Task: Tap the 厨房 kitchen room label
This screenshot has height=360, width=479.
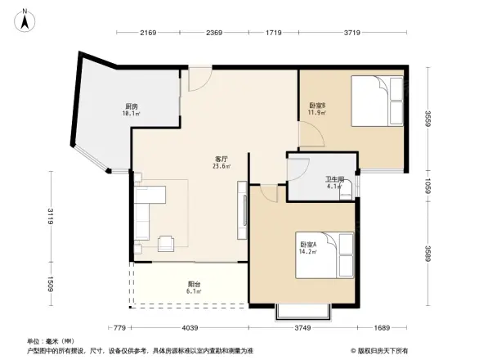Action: click(132, 106)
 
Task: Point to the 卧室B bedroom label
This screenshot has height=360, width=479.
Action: click(318, 105)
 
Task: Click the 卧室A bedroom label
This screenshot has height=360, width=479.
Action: click(308, 243)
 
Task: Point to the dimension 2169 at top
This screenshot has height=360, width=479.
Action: click(148, 33)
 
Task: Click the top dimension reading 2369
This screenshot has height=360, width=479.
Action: click(214, 33)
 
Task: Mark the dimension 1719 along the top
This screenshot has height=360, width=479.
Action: click(274, 33)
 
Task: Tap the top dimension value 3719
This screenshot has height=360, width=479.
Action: click(352, 33)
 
